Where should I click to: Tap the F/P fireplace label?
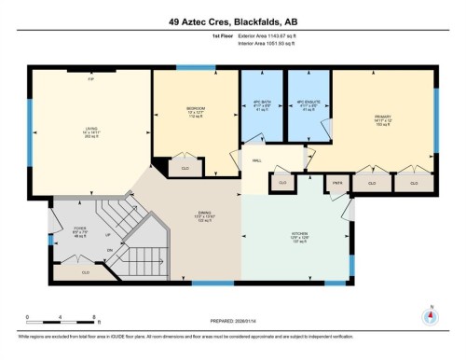[90, 78]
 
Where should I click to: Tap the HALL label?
[256, 160]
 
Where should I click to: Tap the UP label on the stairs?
[109, 237]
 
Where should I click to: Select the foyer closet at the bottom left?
[85, 272]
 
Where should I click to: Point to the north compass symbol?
[430, 315]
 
